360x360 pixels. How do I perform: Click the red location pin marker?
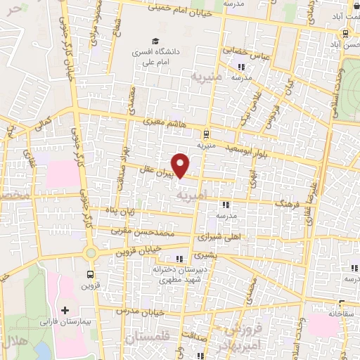(x=181, y=165)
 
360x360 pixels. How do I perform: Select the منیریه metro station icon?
(x=205, y=134)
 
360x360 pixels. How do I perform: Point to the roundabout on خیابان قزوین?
(x=90, y=253)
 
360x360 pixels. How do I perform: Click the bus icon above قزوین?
(x=90, y=275)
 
